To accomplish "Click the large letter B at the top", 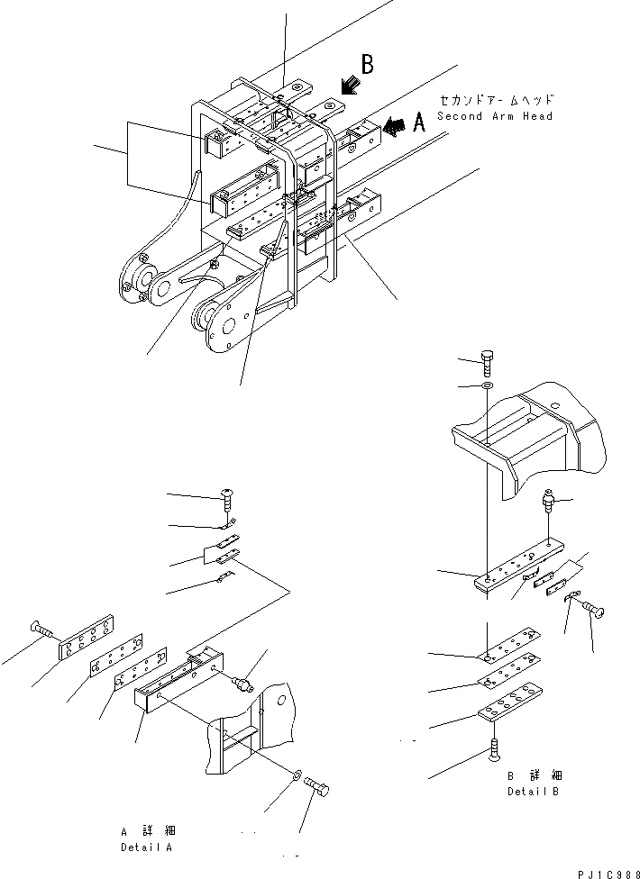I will (x=368, y=65).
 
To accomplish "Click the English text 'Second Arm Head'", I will (x=495, y=116).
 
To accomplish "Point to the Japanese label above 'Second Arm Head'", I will (x=497, y=100).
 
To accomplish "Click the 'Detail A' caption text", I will (x=147, y=847).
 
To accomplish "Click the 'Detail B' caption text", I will (x=531, y=792).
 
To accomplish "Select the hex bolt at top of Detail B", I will (x=488, y=362).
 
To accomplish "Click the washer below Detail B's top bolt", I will (x=488, y=386).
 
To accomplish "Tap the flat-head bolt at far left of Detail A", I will (x=41, y=628).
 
